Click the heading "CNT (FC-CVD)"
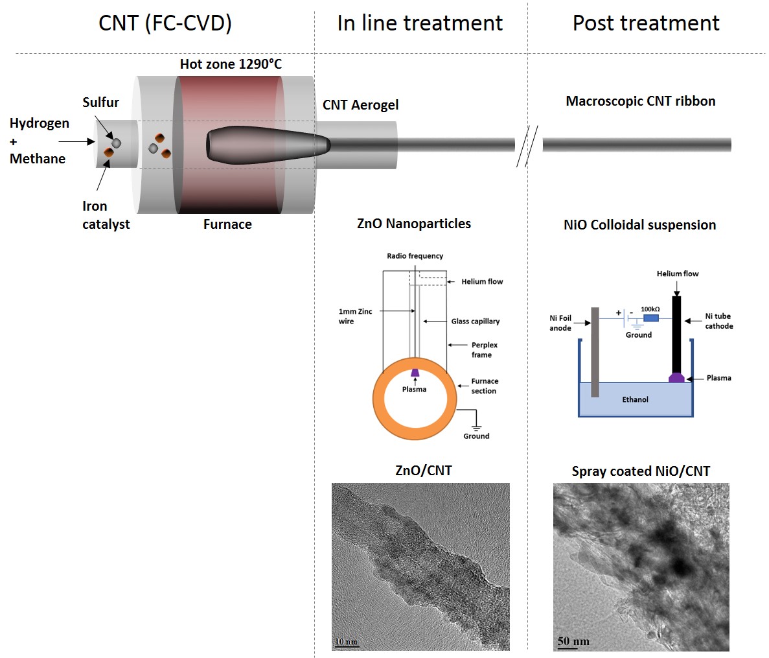(x=165, y=23)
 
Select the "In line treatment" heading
(x=420, y=23)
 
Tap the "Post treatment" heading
(x=646, y=23)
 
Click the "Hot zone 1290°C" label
(x=231, y=64)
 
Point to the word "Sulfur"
(x=100, y=102)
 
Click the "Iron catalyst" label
(x=106, y=215)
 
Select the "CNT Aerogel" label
(x=361, y=105)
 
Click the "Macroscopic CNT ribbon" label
(x=640, y=101)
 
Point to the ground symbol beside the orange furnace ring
(x=476, y=427)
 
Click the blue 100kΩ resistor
(x=650, y=318)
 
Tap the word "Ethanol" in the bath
(x=635, y=400)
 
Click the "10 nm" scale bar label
(x=346, y=642)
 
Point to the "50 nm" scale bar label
(x=573, y=642)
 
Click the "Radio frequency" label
(x=415, y=256)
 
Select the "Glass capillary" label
(x=476, y=322)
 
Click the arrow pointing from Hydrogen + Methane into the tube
(x=76, y=141)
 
